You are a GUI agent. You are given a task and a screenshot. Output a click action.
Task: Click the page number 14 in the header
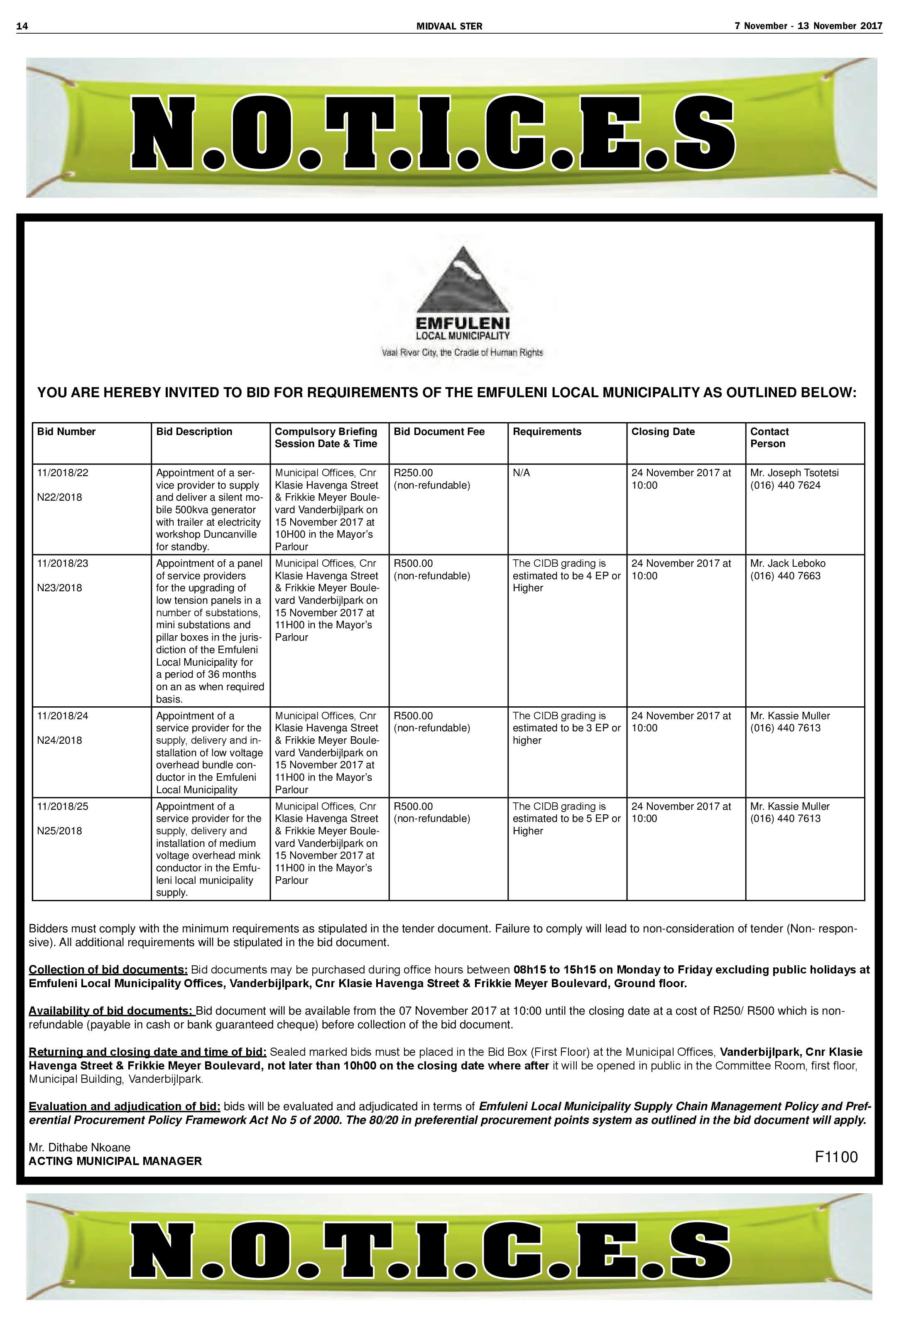[x=22, y=26]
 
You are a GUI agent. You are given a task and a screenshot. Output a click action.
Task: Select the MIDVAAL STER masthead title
[x=449, y=26]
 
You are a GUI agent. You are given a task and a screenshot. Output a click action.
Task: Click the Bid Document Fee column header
[x=438, y=432]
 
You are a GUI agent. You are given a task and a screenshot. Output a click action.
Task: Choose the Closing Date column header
[x=663, y=432]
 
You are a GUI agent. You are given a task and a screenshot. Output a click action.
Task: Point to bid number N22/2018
[x=59, y=497]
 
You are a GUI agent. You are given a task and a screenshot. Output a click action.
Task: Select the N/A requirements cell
[x=521, y=473]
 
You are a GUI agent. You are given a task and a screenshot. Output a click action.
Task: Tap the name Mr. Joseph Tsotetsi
[x=794, y=473]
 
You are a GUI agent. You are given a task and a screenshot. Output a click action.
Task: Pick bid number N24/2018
[x=59, y=740]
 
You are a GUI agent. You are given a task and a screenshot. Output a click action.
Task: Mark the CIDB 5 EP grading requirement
[x=566, y=818]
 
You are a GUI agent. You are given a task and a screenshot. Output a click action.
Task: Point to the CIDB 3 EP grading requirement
[x=566, y=728]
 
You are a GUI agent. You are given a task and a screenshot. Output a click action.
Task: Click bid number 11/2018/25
[x=63, y=806]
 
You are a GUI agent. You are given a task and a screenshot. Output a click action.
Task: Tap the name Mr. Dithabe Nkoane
[x=79, y=1147]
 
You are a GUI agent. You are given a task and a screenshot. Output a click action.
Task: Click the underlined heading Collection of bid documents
[x=108, y=970]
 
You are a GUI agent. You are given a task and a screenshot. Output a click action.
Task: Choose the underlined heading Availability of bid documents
[x=112, y=1011]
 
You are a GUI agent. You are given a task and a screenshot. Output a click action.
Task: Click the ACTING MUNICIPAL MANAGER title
[x=115, y=1161]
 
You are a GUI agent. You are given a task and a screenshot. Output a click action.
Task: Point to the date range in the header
[x=808, y=26]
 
